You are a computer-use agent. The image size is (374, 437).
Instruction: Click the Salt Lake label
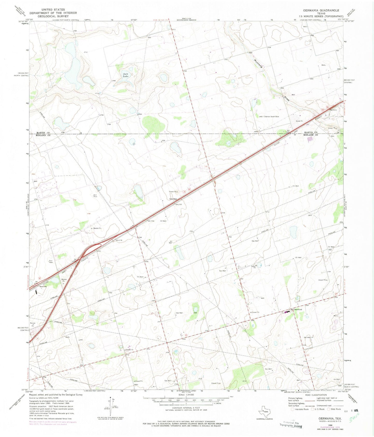(x=126, y=75)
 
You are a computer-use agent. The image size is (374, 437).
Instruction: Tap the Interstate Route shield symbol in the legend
(x=292, y=409)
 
